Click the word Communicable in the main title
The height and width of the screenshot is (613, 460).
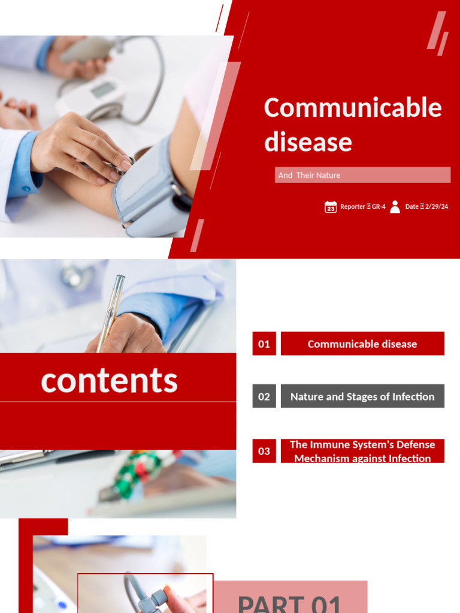pyautogui.click(x=353, y=108)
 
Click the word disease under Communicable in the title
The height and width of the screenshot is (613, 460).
pyautogui.click(x=308, y=142)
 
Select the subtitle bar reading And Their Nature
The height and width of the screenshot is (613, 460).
pyautogui.click(x=362, y=175)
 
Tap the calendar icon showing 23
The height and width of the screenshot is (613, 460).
pyautogui.click(x=331, y=207)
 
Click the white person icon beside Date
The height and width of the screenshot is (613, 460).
pyautogui.click(x=395, y=207)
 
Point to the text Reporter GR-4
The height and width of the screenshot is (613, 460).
pyautogui.click(x=363, y=207)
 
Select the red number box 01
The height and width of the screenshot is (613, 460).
pyautogui.click(x=264, y=344)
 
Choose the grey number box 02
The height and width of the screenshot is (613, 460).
pyautogui.click(x=264, y=396)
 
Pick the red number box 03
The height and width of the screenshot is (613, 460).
pyautogui.click(x=264, y=451)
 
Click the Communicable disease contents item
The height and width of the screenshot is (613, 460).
pyautogui.click(x=362, y=344)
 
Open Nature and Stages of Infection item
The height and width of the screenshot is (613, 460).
pyautogui.click(x=362, y=396)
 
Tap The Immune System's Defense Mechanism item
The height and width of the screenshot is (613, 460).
pyautogui.click(x=362, y=451)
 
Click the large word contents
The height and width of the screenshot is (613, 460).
pyautogui.click(x=109, y=380)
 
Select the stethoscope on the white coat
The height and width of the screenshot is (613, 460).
pyautogui.click(x=75, y=275)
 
